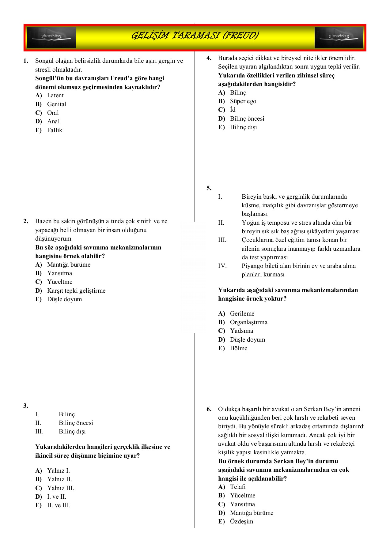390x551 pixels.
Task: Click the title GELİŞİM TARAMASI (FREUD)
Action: (x=195, y=36)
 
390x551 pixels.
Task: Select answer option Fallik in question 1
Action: (x=55, y=130)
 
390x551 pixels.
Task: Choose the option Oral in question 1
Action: (x=53, y=113)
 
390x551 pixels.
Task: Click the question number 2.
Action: (x=26, y=221)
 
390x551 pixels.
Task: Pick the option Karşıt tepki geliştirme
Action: (x=76, y=290)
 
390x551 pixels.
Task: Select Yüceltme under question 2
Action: (x=60, y=282)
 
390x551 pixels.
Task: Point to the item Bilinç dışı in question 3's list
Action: (x=72, y=431)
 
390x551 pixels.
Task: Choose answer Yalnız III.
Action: (x=60, y=488)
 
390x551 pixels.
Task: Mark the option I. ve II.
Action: (x=56, y=497)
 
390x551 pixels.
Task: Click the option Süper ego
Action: (x=243, y=101)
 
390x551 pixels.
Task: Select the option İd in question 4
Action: (x=233, y=110)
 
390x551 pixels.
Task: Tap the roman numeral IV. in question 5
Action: (x=222, y=266)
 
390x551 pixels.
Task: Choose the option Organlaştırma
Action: (x=248, y=322)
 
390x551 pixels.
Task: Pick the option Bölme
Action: (x=238, y=348)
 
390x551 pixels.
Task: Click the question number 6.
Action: (x=209, y=409)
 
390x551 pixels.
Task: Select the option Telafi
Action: (x=238, y=487)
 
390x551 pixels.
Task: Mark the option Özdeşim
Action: (x=241, y=521)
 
